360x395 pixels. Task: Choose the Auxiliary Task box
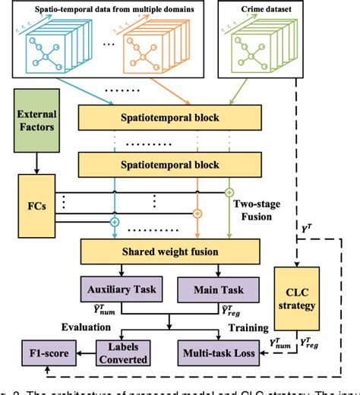(121, 289)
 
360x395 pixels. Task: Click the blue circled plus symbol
(115, 223)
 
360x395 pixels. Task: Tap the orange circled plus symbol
(197, 214)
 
